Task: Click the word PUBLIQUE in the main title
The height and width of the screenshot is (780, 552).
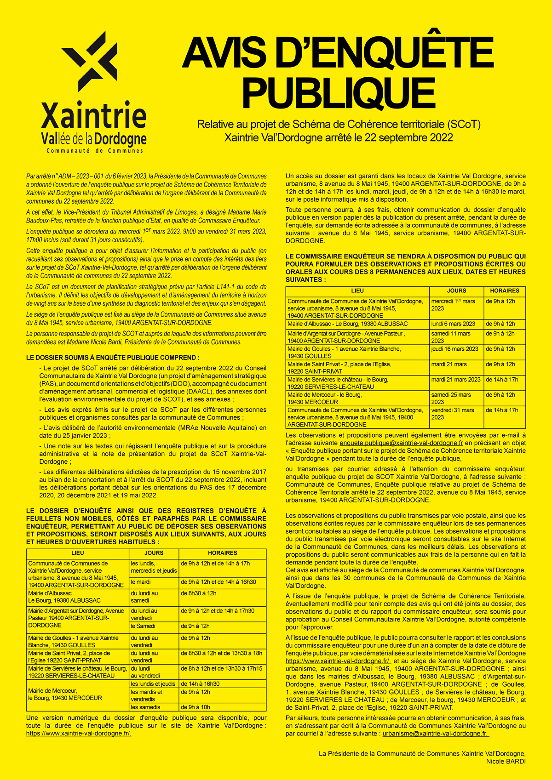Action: pyautogui.click(x=338, y=93)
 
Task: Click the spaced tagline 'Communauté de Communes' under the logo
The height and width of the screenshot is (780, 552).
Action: pyautogui.click(x=95, y=151)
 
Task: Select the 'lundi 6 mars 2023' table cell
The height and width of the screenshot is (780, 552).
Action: pyautogui.click(x=453, y=324)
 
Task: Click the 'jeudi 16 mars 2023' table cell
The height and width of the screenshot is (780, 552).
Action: pyautogui.click(x=454, y=349)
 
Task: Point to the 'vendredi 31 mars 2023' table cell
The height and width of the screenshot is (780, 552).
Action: pyautogui.click(x=452, y=414)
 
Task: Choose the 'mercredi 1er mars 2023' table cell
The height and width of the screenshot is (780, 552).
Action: pyautogui.click(x=453, y=305)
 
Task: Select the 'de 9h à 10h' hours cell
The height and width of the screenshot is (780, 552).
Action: pyautogui.click(x=195, y=707)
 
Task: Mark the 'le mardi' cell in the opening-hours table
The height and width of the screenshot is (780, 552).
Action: pyautogui.click(x=141, y=582)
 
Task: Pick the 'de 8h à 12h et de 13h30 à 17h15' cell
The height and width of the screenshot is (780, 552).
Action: pyautogui.click(x=222, y=669)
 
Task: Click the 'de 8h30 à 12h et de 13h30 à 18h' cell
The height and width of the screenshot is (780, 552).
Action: pyautogui.click(x=222, y=653)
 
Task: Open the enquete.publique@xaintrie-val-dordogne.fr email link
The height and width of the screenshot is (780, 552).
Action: pyautogui.click(x=401, y=443)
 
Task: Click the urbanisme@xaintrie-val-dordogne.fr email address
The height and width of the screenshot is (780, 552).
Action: pyautogui.click(x=435, y=734)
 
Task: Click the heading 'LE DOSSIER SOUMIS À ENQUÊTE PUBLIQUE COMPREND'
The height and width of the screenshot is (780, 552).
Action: pyautogui.click(x=113, y=358)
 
